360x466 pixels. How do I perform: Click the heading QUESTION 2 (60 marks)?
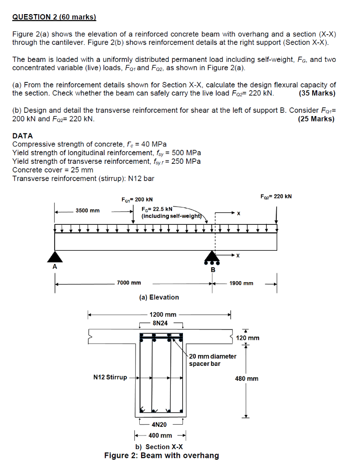tap(54, 17)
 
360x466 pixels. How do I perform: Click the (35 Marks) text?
tap(317, 93)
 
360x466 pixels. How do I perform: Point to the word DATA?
tap(22, 136)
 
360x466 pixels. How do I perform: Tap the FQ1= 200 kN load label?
tap(137, 199)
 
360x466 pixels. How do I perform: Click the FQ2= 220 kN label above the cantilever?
tap(276, 197)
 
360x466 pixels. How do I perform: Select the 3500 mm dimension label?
tap(88, 211)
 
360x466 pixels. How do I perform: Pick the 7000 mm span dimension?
tap(129, 283)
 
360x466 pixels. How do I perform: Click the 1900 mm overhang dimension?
tap(241, 283)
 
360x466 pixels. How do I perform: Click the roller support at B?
tap(212, 258)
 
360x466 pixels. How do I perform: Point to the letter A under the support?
tap(55, 268)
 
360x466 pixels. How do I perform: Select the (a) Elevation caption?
tap(159, 297)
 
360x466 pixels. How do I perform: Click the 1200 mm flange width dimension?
tap(162, 314)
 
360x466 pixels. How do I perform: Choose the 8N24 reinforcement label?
tap(160, 323)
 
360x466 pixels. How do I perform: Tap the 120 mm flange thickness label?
tap(248, 338)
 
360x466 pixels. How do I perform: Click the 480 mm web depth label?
tap(247, 378)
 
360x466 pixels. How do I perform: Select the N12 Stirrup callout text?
tap(110, 377)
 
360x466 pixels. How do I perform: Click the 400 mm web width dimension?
tap(160, 436)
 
